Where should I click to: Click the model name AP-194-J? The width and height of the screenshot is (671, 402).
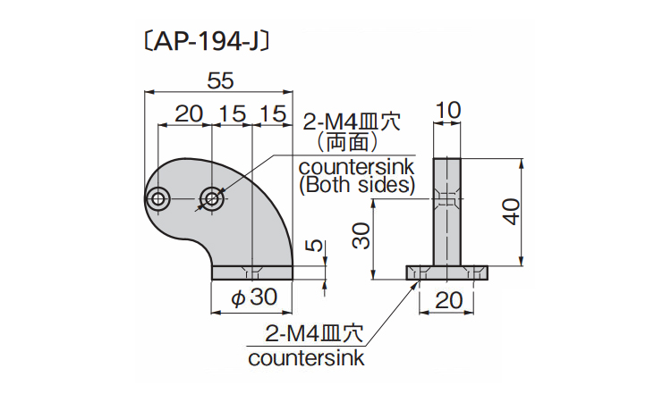pyautogui.click(x=206, y=42)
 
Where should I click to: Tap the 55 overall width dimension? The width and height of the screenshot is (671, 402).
pyautogui.click(x=220, y=80)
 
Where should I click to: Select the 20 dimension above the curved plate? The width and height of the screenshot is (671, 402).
pyautogui.click(x=187, y=114)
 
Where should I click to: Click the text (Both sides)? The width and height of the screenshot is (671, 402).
pyautogui.click(x=356, y=185)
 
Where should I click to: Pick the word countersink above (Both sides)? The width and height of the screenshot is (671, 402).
pyautogui.click(x=356, y=167)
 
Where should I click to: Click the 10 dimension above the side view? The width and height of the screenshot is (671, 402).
pyautogui.click(x=447, y=111)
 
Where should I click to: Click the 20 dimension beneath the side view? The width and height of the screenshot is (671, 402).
pyautogui.click(x=448, y=299)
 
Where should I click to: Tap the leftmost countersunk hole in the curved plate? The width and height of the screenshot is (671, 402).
pyautogui.click(x=160, y=198)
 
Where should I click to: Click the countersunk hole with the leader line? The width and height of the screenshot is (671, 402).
pyautogui.click(x=213, y=198)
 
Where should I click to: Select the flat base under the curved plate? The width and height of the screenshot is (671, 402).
pyautogui.click(x=252, y=272)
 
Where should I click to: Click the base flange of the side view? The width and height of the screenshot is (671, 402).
pyautogui.click(x=447, y=272)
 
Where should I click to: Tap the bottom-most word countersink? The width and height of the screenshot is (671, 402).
pyautogui.click(x=307, y=358)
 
